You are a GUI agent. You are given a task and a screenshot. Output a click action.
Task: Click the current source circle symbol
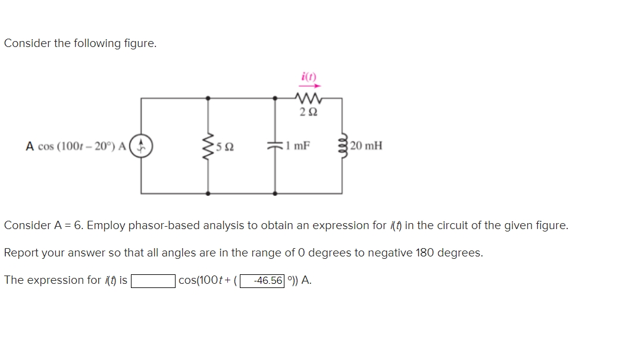141,146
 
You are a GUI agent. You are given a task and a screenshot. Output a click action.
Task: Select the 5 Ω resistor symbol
208,146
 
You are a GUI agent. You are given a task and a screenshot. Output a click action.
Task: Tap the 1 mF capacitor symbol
274,146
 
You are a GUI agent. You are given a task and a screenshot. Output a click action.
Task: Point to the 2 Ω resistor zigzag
308,98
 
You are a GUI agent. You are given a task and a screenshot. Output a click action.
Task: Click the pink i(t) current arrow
309,86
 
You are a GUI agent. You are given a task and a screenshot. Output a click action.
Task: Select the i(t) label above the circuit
309,76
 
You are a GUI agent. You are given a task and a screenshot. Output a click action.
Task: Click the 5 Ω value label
224,146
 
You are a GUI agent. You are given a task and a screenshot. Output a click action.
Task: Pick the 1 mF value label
297,145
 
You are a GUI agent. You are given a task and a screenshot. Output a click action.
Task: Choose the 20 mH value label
367,145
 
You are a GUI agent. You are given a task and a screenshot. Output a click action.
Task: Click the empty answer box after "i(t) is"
153,280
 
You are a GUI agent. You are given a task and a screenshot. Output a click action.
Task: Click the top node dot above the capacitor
274,98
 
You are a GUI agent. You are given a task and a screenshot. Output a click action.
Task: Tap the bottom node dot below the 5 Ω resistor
208,193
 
